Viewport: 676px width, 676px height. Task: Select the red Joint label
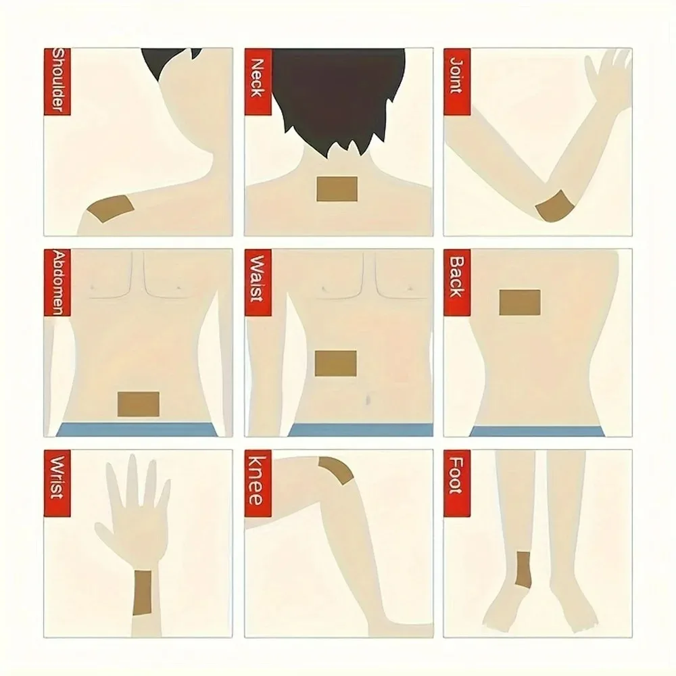pos(456,74)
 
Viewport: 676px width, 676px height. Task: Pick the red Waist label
pos(257,277)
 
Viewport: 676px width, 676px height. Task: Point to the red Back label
pos(456,276)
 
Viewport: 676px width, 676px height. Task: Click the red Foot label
pos(456,477)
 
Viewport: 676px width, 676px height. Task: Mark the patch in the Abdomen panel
pos(138,404)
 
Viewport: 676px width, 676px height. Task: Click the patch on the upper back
pos(520,302)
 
